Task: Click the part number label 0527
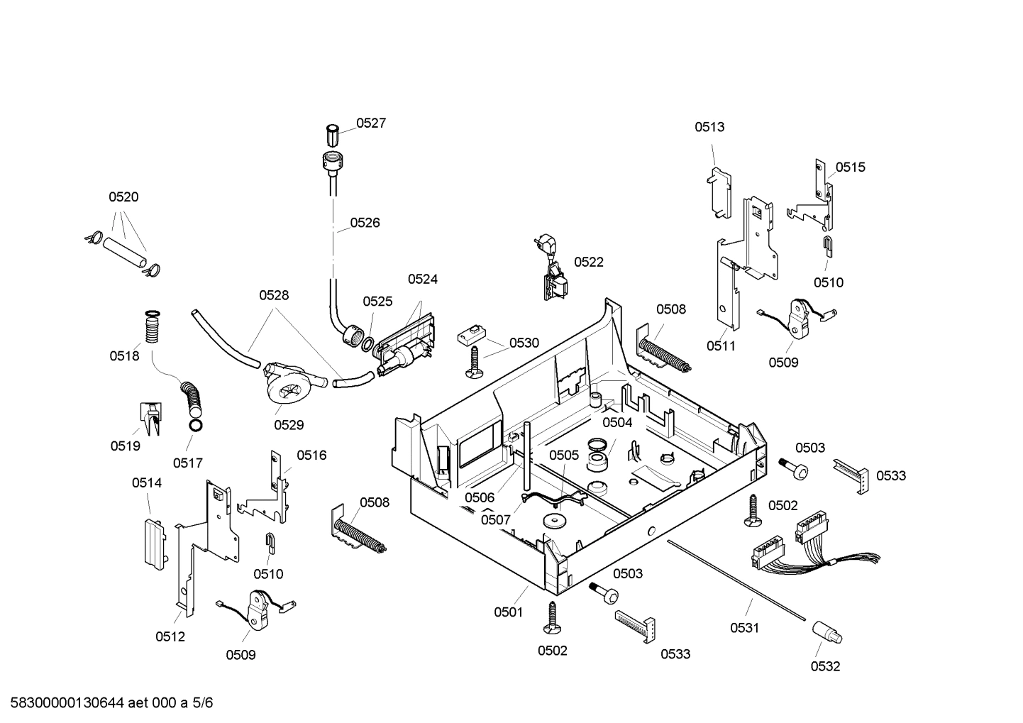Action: tap(370, 123)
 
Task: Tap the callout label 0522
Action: tap(588, 263)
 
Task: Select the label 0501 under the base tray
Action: tap(509, 612)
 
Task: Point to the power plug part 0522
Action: tap(554, 273)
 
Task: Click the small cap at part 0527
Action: tap(332, 134)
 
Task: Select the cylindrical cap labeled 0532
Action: tap(826, 631)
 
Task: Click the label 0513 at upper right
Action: tap(709, 128)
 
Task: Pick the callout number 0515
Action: tap(850, 167)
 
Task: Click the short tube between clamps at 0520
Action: tap(124, 253)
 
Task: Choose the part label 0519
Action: tap(125, 446)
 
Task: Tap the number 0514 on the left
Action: tap(147, 483)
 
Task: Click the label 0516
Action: tap(311, 456)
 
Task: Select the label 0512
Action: tap(170, 637)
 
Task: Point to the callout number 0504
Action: tap(616, 423)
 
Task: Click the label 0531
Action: tap(745, 628)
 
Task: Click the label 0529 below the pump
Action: tap(289, 425)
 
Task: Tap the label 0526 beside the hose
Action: tap(365, 223)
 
